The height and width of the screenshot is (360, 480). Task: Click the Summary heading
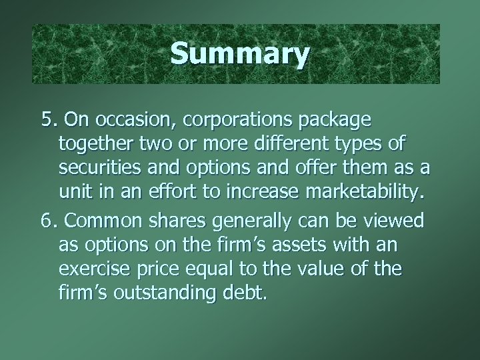pos(239,54)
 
